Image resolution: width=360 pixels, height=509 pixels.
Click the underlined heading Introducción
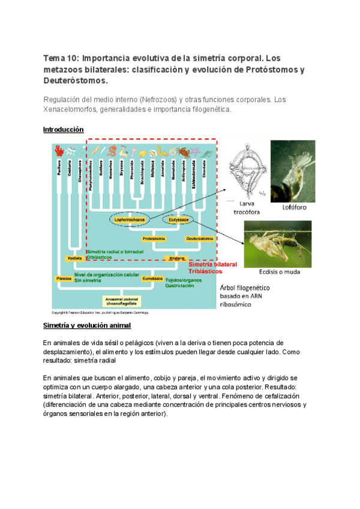pyautogui.click(x=64, y=130)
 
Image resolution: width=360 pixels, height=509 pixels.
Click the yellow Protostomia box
pyautogui.click(x=154, y=238)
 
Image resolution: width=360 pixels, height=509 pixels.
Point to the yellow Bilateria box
pyautogui.click(x=177, y=258)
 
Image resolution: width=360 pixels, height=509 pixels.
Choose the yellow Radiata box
pyautogui.click(x=75, y=258)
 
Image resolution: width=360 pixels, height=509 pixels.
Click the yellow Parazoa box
pyautogui.click(x=64, y=279)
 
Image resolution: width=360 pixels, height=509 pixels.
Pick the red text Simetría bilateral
pyautogui.click(x=212, y=264)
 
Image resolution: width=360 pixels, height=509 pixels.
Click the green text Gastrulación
pyautogui.click(x=179, y=286)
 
